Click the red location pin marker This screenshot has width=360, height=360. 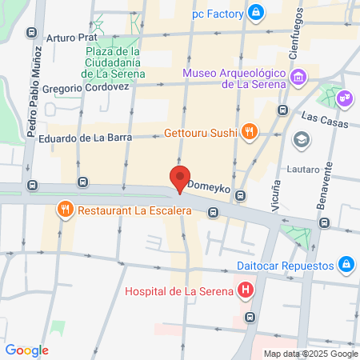pyautogui.click(x=180, y=178)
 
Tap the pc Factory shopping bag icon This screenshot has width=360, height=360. pyautogui.click(x=255, y=12)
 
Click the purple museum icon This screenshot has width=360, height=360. pyautogui.click(x=298, y=78)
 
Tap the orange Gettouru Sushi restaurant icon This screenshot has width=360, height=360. pyautogui.click(x=250, y=131)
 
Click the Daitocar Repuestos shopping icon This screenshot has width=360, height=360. pyautogui.click(x=346, y=262)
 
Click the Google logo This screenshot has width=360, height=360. pyautogui.click(x=26, y=350)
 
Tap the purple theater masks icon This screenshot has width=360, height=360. pyautogui.click(x=346, y=98)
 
